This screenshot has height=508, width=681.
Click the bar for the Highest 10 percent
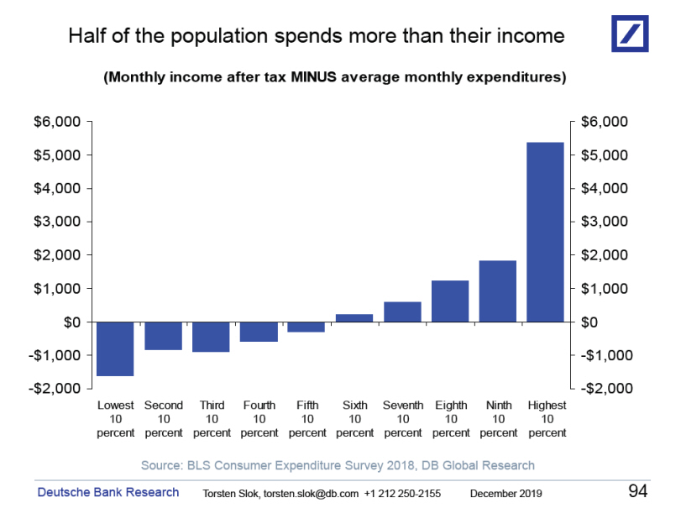pos(545,232)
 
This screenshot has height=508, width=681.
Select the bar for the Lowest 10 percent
pos(115,348)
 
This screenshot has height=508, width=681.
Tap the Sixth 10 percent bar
pos(354,317)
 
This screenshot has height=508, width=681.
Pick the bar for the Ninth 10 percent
pos(497,291)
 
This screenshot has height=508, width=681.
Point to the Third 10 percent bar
pos(211,337)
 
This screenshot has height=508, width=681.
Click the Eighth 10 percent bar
pos(450,301)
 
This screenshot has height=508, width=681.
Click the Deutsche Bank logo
pos(630,33)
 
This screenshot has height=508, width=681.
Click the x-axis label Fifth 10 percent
pos(307,419)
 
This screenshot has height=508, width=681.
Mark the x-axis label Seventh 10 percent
pos(403,419)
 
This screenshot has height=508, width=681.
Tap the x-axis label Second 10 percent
pos(164,419)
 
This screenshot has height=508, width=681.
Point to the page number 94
pos(638,490)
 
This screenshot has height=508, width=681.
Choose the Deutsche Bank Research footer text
pos(107,492)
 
